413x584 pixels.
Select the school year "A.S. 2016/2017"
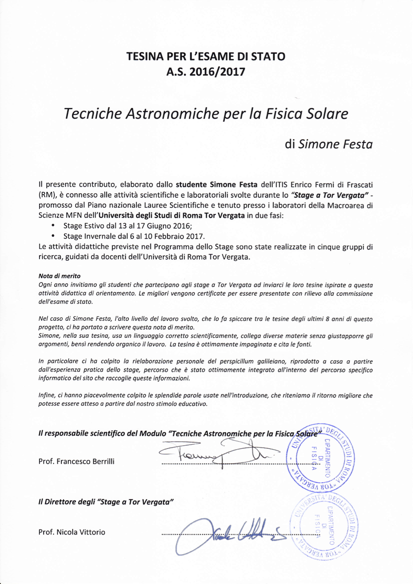tap(206, 72)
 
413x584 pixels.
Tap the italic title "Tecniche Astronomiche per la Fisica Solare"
tap(206, 114)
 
